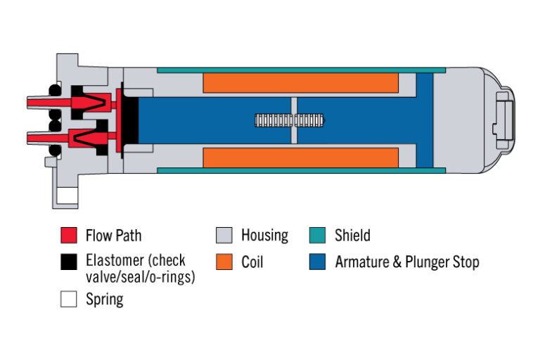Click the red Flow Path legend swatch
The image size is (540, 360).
pyautogui.click(x=68, y=235)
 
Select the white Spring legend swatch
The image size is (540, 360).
pyautogui.click(x=68, y=299)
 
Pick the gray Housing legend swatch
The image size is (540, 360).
pyautogui.click(x=224, y=235)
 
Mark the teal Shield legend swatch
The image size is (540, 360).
pyautogui.click(x=317, y=235)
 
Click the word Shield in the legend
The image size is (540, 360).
pyautogui.click(x=352, y=236)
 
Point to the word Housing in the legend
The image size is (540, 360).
pyautogui.click(x=264, y=236)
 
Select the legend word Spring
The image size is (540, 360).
pyautogui.click(x=104, y=300)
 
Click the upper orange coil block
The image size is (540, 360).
pyautogui.click(x=301, y=83)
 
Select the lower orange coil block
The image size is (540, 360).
pyautogui.click(x=301, y=157)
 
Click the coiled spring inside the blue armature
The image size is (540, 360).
pyautogui.click(x=290, y=120)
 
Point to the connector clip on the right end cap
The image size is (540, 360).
pyautogui.click(x=505, y=120)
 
